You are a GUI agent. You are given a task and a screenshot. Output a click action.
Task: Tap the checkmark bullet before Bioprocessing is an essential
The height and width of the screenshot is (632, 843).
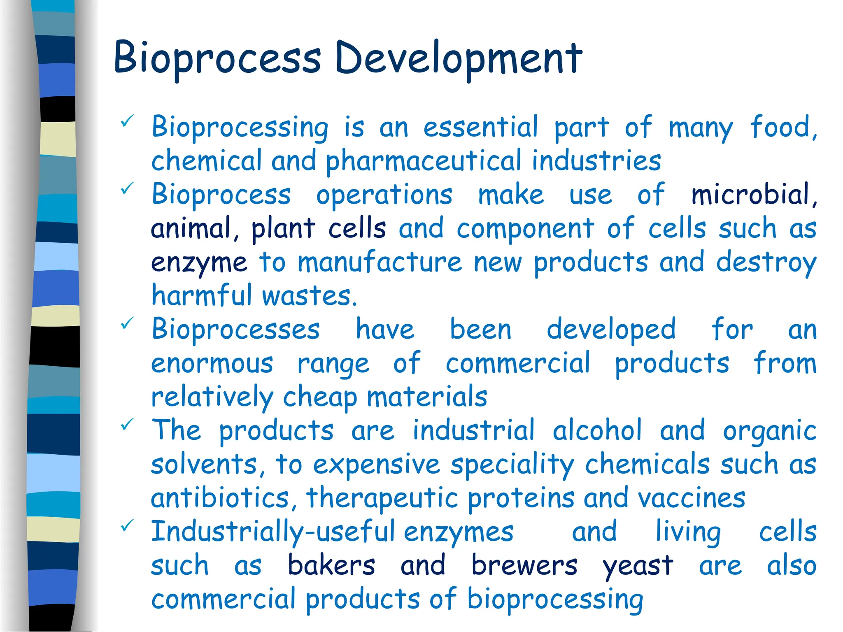tap(127, 121)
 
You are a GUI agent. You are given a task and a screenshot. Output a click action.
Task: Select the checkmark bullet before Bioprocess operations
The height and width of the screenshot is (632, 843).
tap(127, 188)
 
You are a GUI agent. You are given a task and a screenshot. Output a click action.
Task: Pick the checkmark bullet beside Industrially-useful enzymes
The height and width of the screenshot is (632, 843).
tap(127, 525)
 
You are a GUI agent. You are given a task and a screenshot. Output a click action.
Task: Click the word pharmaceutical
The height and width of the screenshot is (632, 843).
tap(424, 161)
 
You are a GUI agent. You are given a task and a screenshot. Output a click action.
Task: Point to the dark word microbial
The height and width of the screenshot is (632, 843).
tap(750, 194)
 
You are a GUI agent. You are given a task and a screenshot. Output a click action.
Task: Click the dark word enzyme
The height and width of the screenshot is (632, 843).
tap(199, 263)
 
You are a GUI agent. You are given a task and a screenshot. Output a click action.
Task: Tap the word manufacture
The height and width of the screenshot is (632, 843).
tap(380, 262)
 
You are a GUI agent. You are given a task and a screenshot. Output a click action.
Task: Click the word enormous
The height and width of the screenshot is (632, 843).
tap(212, 364)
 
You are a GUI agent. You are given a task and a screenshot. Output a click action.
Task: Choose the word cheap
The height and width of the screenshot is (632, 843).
tap(320, 397)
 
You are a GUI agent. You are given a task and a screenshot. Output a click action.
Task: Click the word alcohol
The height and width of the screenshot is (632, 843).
tap(597, 430)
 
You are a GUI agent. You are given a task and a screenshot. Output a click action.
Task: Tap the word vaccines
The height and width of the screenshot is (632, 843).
tap(692, 498)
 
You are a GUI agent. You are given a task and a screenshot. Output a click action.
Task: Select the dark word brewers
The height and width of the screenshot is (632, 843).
tap(524, 565)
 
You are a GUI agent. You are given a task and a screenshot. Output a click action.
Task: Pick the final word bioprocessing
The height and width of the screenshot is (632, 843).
tap(555, 600)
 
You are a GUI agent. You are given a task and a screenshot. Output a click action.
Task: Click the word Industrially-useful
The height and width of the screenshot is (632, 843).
tap(273, 532)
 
